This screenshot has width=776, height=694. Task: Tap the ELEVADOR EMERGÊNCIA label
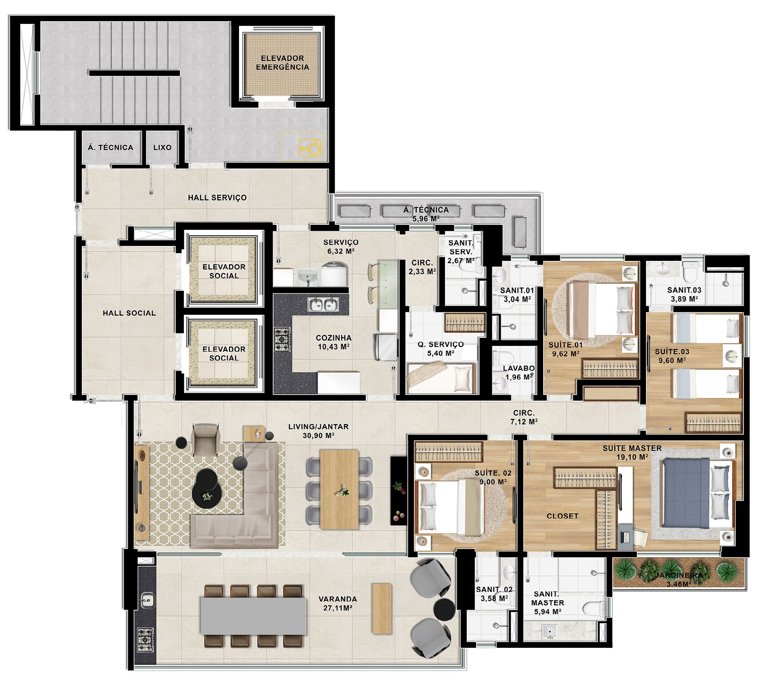282,63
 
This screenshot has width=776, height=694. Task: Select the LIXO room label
162,147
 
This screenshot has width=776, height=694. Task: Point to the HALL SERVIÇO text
217,198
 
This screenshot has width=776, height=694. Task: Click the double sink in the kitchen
323,304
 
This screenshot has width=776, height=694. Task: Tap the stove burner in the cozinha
282,340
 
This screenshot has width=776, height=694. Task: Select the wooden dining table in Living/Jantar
339,489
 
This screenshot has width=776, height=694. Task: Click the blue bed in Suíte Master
686,493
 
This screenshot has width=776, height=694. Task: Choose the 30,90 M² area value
318,436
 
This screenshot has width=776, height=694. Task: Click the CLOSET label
562,516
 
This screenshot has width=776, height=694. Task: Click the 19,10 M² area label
632,457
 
